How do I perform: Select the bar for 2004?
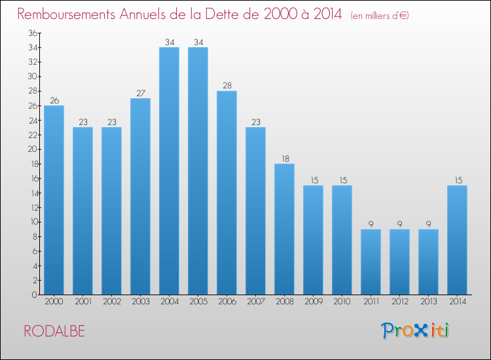tap(169, 171)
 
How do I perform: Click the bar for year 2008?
tap(284, 229)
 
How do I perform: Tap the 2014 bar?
tap(457, 240)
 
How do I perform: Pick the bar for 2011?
tap(371, 262)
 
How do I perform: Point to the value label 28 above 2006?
tap(227, 86)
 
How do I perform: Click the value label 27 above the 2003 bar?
tap(141, 93)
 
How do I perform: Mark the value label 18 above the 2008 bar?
tap(285, 158)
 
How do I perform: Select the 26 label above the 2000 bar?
tap(54, 101)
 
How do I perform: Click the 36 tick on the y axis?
tap(33, 33)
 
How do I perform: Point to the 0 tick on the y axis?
tap(35, 295)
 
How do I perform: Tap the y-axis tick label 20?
tap(33, 149)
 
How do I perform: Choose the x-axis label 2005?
tap(198, 302)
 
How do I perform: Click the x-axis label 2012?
tap(400, 302)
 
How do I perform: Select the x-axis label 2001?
tap(83, 302)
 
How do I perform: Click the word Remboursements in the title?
tap(66, 14)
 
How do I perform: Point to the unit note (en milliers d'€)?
tap(380, 16)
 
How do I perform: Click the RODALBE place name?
tap(54, 331)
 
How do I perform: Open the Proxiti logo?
tap(415, 331)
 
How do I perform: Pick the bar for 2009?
tap(313, 240)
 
